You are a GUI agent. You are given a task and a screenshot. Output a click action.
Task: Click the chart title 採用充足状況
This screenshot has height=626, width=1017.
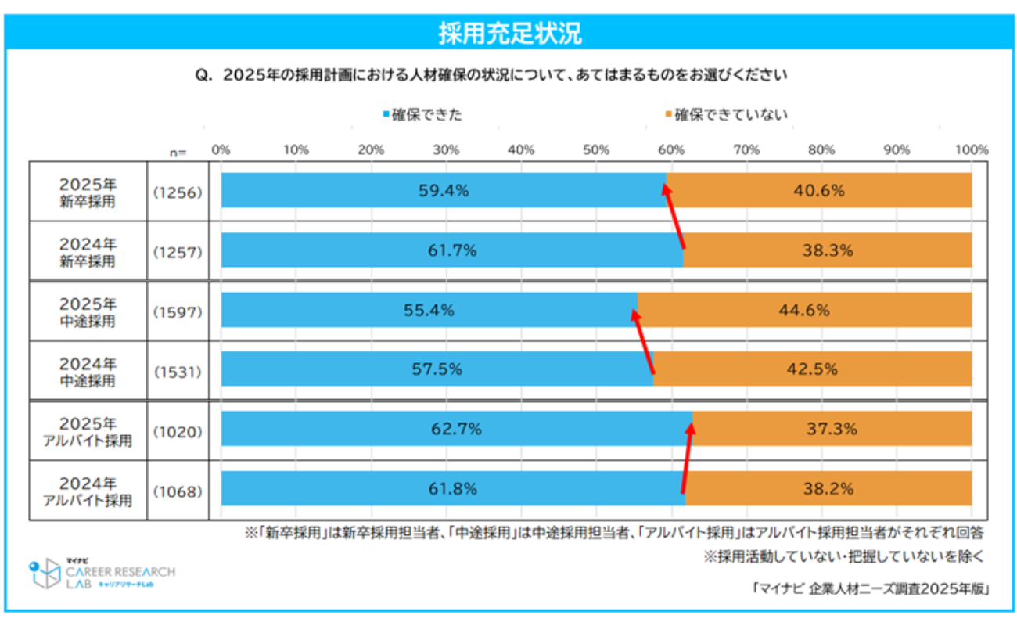coord(508,34)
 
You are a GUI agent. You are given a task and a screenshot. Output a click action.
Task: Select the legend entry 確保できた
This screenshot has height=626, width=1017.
coord(422,115)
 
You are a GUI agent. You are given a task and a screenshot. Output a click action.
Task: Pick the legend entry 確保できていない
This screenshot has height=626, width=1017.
coord(727,115)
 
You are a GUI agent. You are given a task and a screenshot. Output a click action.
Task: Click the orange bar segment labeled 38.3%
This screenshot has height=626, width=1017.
coord(827,250)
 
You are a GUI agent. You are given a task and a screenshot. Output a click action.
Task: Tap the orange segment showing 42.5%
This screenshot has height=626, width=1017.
coord(814,369)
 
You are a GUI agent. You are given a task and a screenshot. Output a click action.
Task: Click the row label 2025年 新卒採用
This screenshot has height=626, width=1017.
coord(88,190)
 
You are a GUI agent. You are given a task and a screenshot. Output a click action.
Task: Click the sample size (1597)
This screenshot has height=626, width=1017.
coord(178,311)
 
